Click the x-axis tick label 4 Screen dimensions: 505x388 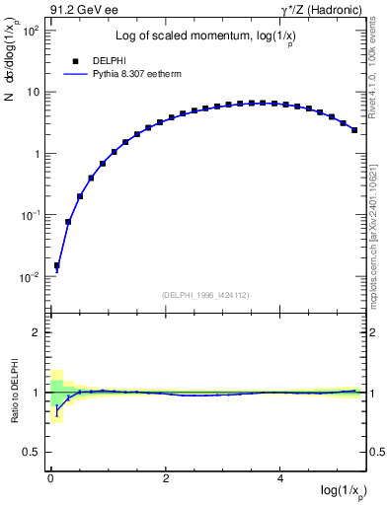[281, 478]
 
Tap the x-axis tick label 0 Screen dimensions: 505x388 [50, 478]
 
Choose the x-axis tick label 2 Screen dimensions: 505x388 [166, 478]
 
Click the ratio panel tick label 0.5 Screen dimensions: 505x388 [32, 452]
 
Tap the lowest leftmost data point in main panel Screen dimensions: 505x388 [57, 265]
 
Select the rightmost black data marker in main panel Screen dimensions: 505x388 [354, 129]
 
